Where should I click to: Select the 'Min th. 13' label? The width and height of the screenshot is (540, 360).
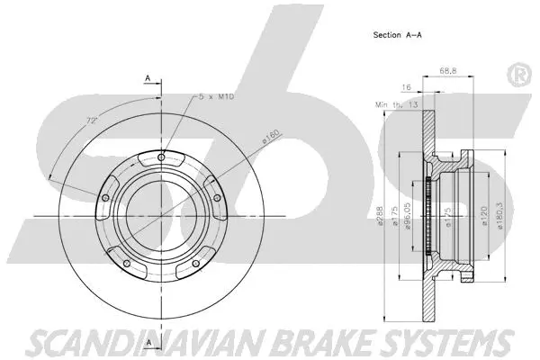[396, 104]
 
